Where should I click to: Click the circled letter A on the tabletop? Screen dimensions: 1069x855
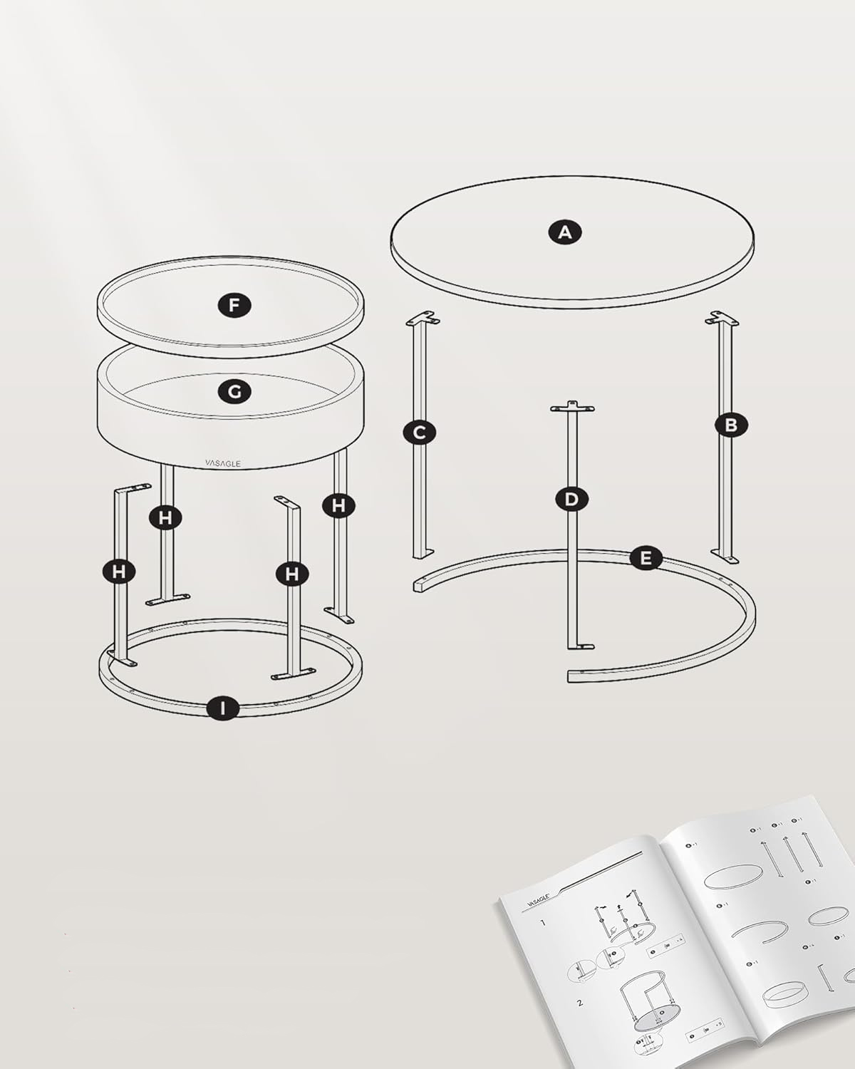565,232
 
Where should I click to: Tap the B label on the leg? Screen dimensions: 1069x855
731,425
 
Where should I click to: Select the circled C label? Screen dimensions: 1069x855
419,432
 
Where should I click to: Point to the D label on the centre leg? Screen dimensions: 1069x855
571,499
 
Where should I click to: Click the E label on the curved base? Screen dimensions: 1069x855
646,558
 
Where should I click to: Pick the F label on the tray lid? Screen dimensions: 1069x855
234,306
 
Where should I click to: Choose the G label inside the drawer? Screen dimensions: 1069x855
234,391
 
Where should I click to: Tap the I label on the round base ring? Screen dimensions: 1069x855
224,708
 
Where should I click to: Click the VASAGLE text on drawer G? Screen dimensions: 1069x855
223,463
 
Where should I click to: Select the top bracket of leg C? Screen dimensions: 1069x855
422,318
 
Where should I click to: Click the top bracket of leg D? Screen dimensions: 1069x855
571,407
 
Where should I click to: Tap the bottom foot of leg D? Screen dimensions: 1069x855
581,646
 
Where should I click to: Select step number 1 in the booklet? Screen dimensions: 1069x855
542,923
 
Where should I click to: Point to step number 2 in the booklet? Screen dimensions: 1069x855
580,1003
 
